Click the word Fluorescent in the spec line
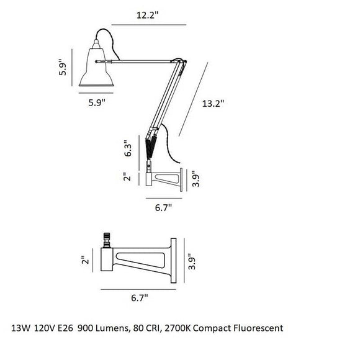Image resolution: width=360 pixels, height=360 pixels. click(254, 326)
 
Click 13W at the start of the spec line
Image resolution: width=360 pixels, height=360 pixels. click(20, 326)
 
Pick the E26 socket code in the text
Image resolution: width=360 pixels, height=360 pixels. click(65, 326)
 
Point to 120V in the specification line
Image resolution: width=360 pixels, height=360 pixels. click(43, 326)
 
